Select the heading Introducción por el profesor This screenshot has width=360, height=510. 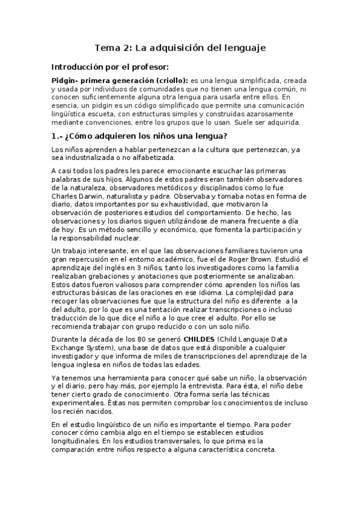click(109, 67)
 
